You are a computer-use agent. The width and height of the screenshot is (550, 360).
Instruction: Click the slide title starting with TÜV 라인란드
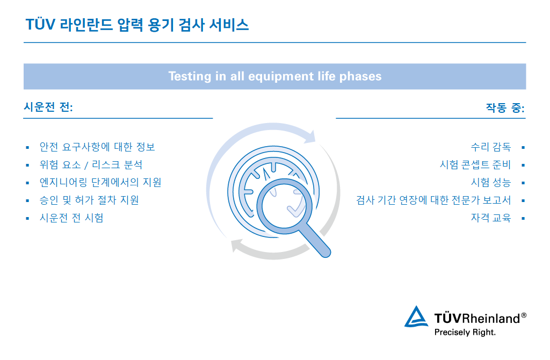pyautogui.click(x=137, y=25)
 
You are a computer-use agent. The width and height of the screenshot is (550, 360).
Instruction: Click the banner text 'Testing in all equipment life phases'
pyautogui.click(x=274, y=76)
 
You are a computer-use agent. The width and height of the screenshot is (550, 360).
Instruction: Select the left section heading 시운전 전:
pyautogui.click(x=48, y=107)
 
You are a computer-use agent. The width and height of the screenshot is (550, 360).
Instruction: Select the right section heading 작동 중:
pyautogui.click(x=505, y=107)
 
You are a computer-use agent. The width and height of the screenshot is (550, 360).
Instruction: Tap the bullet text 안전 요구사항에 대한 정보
pyautogui.click(x=97, y=147)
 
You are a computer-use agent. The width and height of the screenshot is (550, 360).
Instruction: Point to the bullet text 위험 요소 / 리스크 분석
pyautogui.click(x=91, y=164)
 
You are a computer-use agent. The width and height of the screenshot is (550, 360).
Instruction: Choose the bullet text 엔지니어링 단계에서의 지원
pyautogui.click(x=100, y=182)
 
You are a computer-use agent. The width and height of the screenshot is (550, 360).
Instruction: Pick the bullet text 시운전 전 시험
pyautogui.click(x=71, y=218)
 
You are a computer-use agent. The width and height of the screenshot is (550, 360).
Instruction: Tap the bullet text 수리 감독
pyautogui.click(x=490, y=147)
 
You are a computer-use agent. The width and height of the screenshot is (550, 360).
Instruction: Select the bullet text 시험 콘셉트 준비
pyautogui.click(x=475, y=164)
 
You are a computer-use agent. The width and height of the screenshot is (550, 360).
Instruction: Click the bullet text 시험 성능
pyautogui.click(x=490, y=182)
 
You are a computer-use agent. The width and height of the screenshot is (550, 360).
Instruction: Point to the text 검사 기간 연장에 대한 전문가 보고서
pyautogui.click(x=433, y=200)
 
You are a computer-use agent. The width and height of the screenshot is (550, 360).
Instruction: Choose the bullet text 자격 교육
pyautogui.click(x=490, y=218)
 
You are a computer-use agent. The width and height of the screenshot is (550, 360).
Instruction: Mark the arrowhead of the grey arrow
pyautogui.click(x=236, y=247)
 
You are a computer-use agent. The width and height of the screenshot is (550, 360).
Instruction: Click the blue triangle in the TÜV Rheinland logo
pyautogui.click(x=416, y=318)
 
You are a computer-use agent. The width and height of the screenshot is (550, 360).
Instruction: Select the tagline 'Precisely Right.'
pyautogui.click(x=465, y=332)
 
